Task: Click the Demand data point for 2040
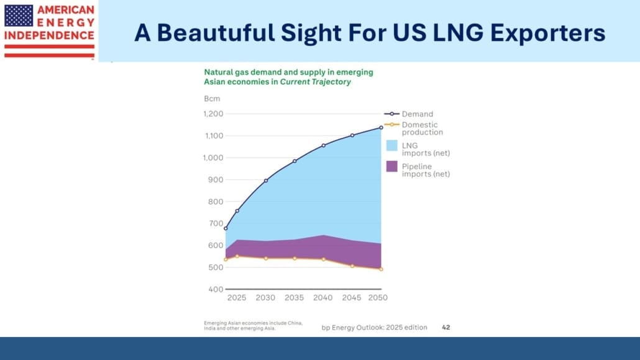point(323,145)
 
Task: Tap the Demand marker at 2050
point(381,127)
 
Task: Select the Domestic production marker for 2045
point(352,266)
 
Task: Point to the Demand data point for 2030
point(266,181)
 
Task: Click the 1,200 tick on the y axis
point(213,114)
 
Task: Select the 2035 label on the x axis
point(295,298)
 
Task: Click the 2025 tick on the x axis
point(237,298)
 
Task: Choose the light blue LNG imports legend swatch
point(391,145)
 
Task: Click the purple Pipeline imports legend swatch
point(391,166)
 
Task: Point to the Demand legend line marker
point(391,114)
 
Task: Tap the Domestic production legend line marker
point(391,125)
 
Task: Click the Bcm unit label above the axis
point(212,98)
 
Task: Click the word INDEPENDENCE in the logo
point(49,35)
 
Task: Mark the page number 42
point(446,327)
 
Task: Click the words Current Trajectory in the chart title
point(316,82)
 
